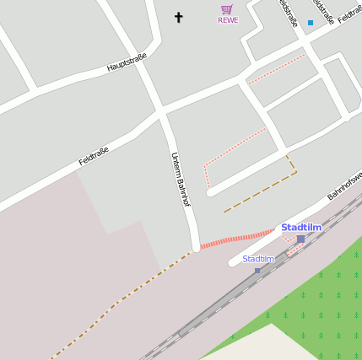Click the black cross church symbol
[x=178, y=17]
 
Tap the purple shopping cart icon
[x=226, y=10]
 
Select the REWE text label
[x=228, y=20]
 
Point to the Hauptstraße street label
[x=127, y=61]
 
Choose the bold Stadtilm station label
[x=301, y=228]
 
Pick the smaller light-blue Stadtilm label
[x=258, y=259]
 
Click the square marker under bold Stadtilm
[x=300, y=239]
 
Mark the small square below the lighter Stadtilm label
[x=258, y=270]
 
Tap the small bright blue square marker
[x=311, y=23]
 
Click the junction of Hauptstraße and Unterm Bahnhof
[x=159, y=110]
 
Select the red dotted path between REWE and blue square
[x=277, y=68]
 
